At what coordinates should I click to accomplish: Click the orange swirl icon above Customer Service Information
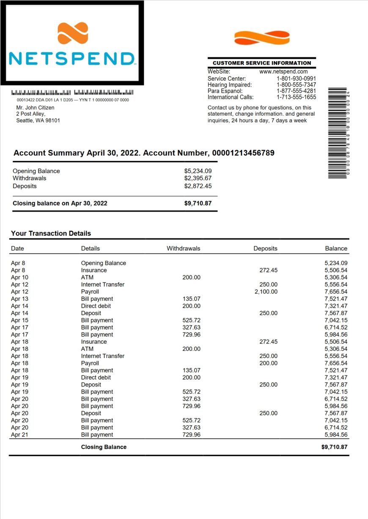tap(262, 38)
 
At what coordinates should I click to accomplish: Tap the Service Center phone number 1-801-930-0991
tap(296, 79)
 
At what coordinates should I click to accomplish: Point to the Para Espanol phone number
tap(296, 91)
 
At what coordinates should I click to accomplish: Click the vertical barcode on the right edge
tap(337, 133)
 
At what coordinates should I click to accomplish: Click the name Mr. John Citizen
tap(35, 108)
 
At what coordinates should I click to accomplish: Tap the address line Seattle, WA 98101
tap(38, 120)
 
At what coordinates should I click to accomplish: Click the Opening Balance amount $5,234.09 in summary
tap(198, 171)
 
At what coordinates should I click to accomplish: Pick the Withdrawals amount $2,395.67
tap(198, 178)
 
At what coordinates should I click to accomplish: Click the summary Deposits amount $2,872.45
tap(198, 186)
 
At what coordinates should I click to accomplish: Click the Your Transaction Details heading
tap(51, 233)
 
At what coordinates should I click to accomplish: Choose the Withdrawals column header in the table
tap(183, 248)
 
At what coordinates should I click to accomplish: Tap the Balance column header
tap(336, 248)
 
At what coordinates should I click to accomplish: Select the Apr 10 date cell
tap(19, 277)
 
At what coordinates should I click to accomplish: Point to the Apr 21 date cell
tap(19, 435)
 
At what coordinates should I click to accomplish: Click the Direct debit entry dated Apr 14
tap(96, 306)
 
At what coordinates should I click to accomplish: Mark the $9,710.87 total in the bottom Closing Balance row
tap(334, 447)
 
